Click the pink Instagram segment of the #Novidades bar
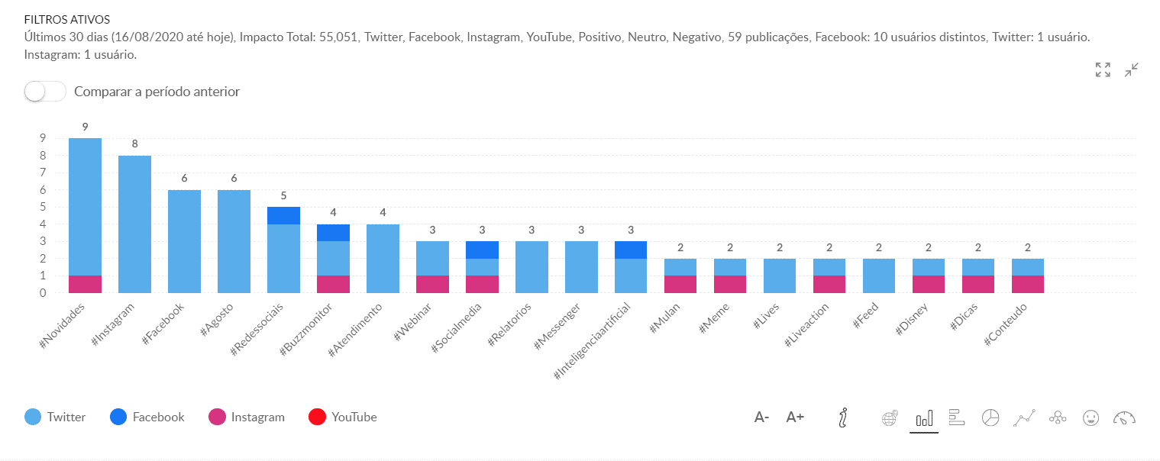tap(85, 284)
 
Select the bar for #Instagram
tap(134, 224)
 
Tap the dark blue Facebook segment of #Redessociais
tap(283, 215)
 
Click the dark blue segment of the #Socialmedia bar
tap(482, 250)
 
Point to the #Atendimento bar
tap(383, 258)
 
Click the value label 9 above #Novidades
tap(85, 127)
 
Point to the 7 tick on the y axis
tap(44, 172)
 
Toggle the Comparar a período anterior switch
tap(45, 92)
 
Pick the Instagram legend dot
tap(218, 417)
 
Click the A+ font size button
tap(795, 417)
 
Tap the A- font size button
tap(761, 417)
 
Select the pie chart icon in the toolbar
tap(990, 417)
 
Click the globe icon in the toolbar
tap(889, 417)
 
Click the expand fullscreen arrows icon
tap(1103, 70)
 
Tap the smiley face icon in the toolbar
tap(1091, 417)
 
